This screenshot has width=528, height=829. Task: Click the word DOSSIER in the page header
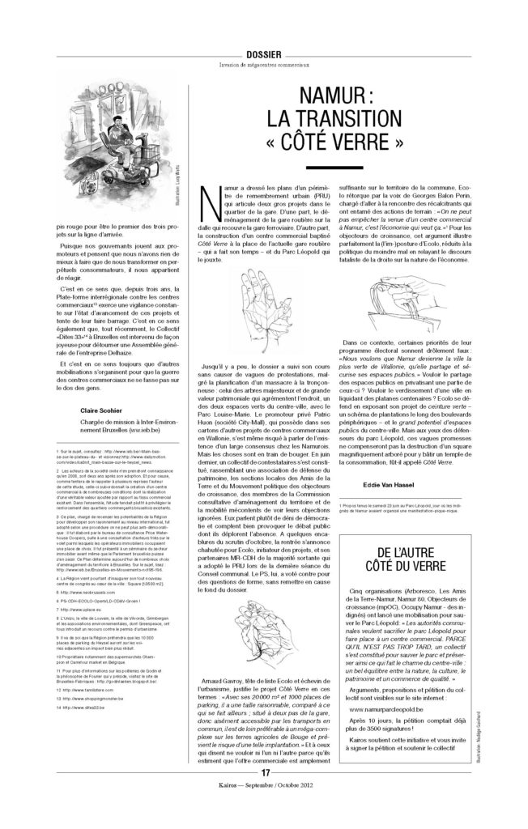point(263,53)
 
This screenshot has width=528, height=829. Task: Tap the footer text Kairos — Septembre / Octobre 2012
point(264,806)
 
